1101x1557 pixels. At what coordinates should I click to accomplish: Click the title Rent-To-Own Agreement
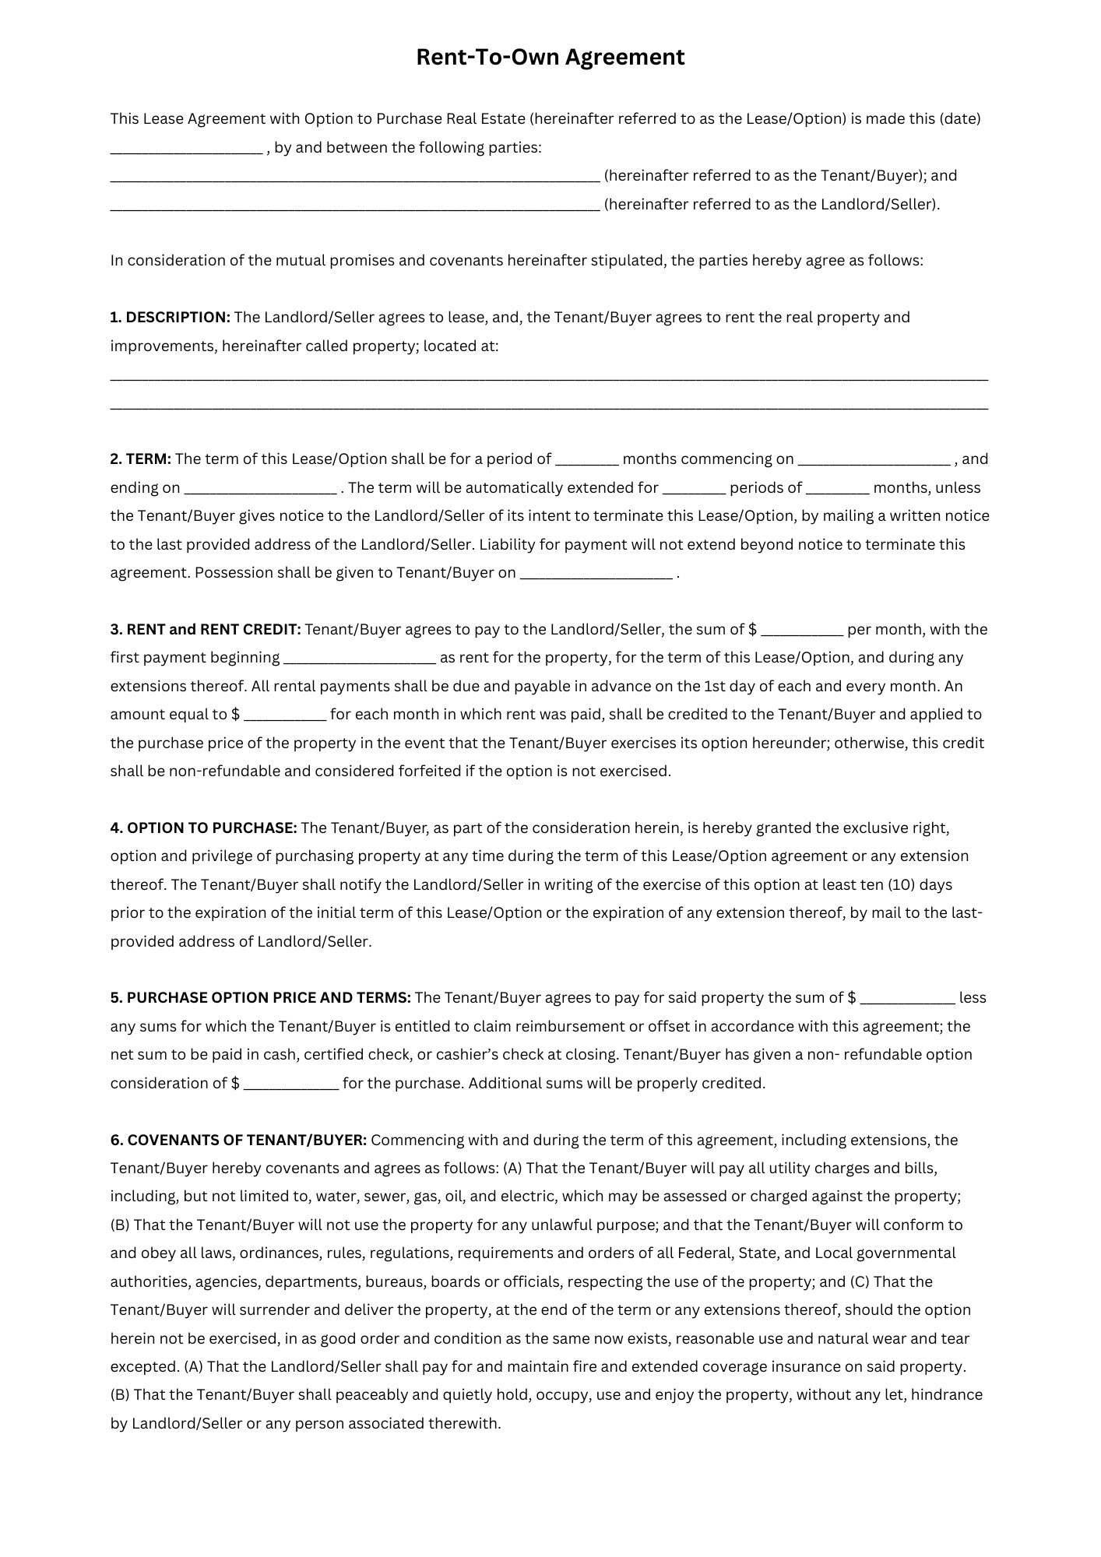550,57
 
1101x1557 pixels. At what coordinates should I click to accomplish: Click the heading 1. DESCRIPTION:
170,318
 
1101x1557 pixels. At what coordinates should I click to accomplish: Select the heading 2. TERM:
140,459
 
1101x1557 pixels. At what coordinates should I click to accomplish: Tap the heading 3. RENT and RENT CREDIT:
206,630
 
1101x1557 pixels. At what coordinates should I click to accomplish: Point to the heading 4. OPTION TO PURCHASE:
203,828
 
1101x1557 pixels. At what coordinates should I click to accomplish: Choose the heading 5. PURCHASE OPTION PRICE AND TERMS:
260,998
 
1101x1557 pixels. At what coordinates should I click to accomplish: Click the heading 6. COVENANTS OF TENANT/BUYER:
238,1141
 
